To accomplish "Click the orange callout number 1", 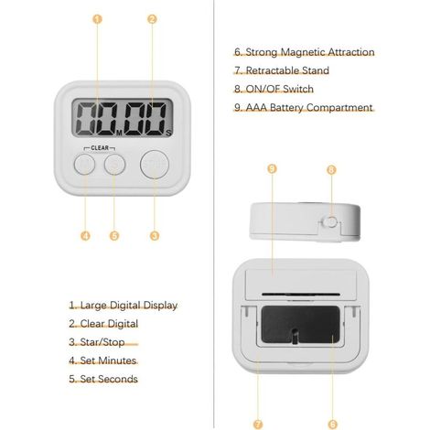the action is pyautogui.click(x=97, y=19).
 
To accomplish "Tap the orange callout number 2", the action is pyautogui.click(x=152, y=19).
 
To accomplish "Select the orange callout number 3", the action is pyautogui.click(x=155, y=236).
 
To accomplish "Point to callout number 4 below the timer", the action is pyautogui.click(x=85, y=236).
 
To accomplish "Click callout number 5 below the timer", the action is pyautogui.click(x=114, y=236).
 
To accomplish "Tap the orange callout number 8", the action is pyautogui.click(x=331, y=169).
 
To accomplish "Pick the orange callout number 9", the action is pyautogui.click(x=272, y=168).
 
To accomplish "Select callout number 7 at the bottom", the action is pyautogui.click(x=258, y=424).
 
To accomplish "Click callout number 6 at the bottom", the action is pyautogui.click(x=333, y=424).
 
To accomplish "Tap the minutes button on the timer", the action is pyautogui.click(x=84, y=165).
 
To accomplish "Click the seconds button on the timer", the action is pyautogui.click(x=114, y=165).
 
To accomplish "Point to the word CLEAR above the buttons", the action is pyautogui.click(x=100, y=148).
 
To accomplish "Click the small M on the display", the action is pyautogui.click(x=119, y=133).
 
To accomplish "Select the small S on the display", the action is pyautogui.click(x=169, y=133).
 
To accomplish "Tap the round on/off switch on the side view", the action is pyautogui.click(x=330, y=221).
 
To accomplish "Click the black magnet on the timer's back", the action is pyautogui.click(x=301, y=324).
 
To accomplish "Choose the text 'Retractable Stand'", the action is pyautogui.click(x=287, y=70).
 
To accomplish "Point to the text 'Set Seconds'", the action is pyautogui.click(x=109, y=379).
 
